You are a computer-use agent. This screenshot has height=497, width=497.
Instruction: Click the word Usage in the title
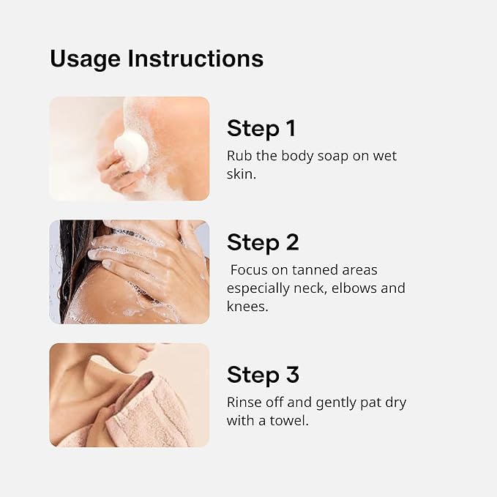[85, 59]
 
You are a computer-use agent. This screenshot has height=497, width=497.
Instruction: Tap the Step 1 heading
[261, 128]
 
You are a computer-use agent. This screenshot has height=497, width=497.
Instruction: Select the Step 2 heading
[263, 242]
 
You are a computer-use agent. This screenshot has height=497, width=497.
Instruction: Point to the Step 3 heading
[263, 375]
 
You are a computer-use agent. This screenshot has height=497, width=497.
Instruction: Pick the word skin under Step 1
[242, 174]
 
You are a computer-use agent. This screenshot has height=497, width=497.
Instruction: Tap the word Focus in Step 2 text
[249, 270]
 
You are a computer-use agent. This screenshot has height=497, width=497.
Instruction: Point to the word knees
[247, 307]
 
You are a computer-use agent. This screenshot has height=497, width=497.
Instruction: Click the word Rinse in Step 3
[244, 403]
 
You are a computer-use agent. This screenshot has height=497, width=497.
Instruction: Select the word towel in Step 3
[289, 421]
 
